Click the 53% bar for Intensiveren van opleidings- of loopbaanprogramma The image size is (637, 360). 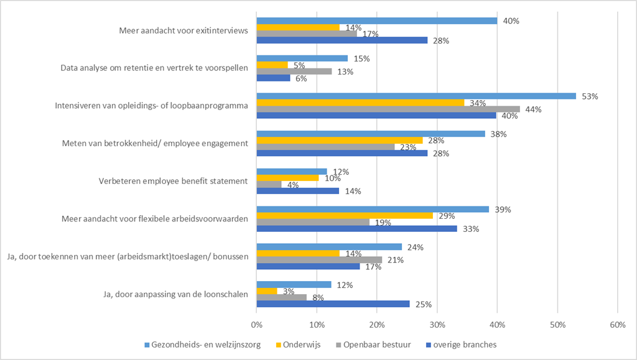tap(416, 96)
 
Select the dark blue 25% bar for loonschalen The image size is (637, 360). tap(333, 304)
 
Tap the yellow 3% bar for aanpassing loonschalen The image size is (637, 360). tap(266, 291)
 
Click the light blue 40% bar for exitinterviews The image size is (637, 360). tap(377, 21)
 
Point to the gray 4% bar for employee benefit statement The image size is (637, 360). tap(269, 184)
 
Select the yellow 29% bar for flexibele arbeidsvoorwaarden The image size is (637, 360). tap(345, 216)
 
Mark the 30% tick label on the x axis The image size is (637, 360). tap(437, 324)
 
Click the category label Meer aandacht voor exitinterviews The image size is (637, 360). tap(184, 30)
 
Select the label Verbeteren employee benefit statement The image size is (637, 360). tap(174, 181)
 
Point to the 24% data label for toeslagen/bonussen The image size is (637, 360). tap(414, 247)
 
